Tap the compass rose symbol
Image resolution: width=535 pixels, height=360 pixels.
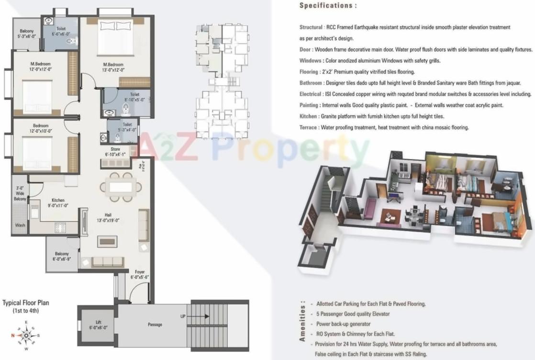click(x=26, y=336)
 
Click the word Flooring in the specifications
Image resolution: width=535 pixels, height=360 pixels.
click(x=309, y=71)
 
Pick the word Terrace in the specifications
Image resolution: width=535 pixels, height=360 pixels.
click(x=308, y=127)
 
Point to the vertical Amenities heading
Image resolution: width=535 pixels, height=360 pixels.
click(x=302, y=321)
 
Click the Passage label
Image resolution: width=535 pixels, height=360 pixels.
click(x=155, y=325)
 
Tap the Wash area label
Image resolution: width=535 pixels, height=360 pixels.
click(x=20, y=225)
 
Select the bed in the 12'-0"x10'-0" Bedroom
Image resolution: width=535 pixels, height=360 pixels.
click(x=37, y=153)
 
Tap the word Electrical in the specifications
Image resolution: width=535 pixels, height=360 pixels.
click(x=310, y=94)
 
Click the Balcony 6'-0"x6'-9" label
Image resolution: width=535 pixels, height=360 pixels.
click(x=61, y=256)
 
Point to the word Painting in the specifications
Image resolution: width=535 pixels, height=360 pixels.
click(x=309, y=105)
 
